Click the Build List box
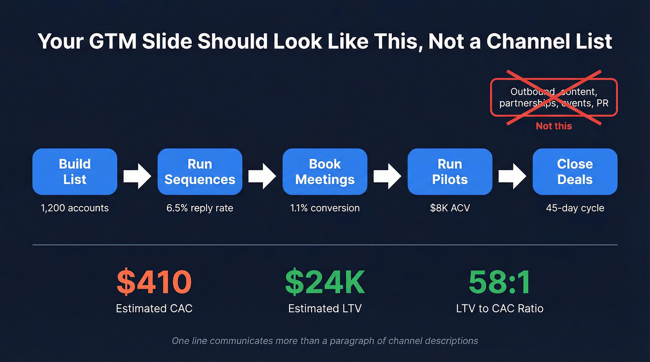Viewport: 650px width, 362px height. coord(75,171)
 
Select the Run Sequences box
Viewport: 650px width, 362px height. coord(200,171)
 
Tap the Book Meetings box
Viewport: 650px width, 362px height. coord(325,171)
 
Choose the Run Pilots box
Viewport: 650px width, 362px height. coord(450,171)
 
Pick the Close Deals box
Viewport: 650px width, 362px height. coord(575,171)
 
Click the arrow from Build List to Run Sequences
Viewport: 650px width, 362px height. coord(137,176)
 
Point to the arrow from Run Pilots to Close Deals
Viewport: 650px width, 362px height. coord(512,176)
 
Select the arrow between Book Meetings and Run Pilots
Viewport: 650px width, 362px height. coord(387,176)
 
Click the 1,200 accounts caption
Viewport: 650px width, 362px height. coord(75,208)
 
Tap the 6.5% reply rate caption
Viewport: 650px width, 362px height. coord(200,208)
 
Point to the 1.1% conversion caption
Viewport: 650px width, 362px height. coord(325,208)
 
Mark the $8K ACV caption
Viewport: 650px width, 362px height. coord(450,208)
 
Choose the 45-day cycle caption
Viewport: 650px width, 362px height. coord(575,208)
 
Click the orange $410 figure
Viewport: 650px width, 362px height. coord(154,282)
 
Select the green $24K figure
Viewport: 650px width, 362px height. coord(325,282)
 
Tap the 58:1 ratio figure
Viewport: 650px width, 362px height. coord(500,282)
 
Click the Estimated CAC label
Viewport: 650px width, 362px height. coord(154,308)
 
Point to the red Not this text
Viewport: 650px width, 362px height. coord(554,126)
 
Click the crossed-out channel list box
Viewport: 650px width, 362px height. coord(554,97)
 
